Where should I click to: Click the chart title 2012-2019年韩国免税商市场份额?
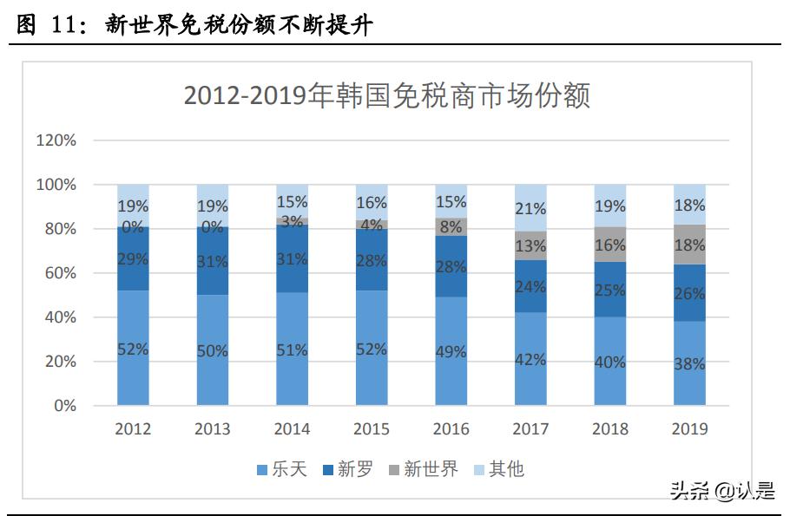point(386,95)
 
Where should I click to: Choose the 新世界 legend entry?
point(423,469)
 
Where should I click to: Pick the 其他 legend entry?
point(498,469)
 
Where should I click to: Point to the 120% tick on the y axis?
point(56,140)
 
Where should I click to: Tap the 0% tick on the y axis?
point(64,406)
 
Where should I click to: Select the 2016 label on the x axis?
point(451,429)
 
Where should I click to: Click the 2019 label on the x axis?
point(689,429)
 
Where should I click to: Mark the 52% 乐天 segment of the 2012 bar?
point(133,348)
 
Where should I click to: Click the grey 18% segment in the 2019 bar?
point(689,245)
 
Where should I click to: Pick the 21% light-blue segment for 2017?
point(530,208)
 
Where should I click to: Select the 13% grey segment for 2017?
point(530,246)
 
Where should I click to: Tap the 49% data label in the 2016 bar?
point(451,351)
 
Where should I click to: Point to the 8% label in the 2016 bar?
point(451,227)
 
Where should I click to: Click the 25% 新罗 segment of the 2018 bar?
point(610,290)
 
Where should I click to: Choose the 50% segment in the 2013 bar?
point(212,350)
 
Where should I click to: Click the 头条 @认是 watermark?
point(721,490)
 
